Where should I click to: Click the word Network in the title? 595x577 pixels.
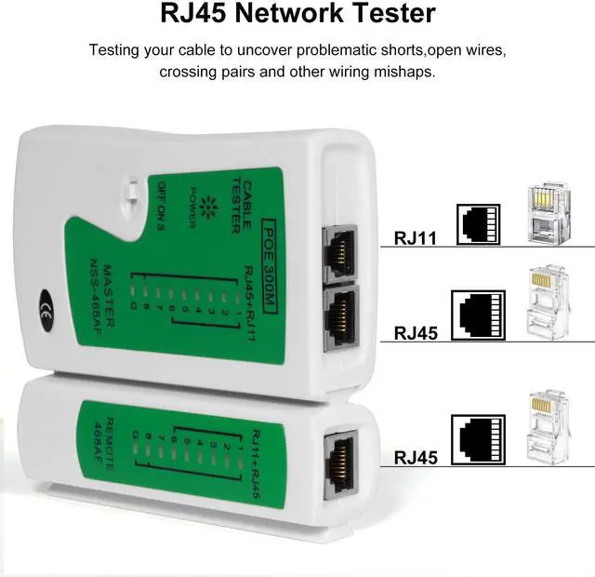pyautogui.click(x=279, y=14)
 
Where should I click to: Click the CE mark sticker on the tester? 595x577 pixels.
pyautogui.click(x=45, y=309)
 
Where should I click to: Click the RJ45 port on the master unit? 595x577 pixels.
pyautogui.click(x=339, y=311)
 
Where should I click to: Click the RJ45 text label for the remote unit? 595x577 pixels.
pyautogui.click(x=416, y=457)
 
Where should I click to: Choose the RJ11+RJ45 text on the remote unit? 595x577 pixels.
pyautogui.click(x=256, y=464)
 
